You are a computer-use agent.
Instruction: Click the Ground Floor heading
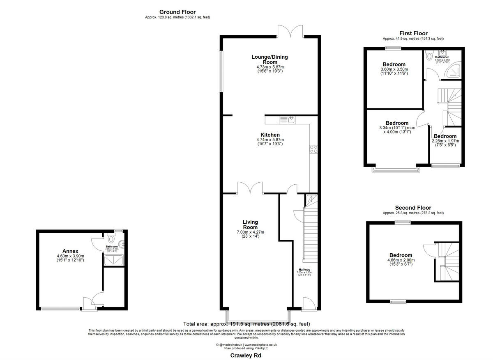[177, 12]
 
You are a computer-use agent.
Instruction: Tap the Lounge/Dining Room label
[270, 60]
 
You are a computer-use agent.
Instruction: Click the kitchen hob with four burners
[313, 149]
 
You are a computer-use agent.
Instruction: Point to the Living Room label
[250, 225]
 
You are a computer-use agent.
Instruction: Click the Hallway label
[304, 270]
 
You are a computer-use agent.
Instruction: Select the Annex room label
[70, 251]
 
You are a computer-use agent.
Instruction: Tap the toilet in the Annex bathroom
[111, 238]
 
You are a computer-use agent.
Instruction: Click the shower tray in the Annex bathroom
[115, 260]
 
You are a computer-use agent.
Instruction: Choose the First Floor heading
[413, 33]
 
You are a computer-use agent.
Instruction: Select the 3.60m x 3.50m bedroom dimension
[394, 70]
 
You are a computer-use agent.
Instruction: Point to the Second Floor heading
[413, 208]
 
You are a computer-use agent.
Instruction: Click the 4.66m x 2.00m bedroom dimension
[401, 260]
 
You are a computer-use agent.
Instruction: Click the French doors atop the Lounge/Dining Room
[290, 31]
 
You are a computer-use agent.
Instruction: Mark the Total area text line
[246, 323]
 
